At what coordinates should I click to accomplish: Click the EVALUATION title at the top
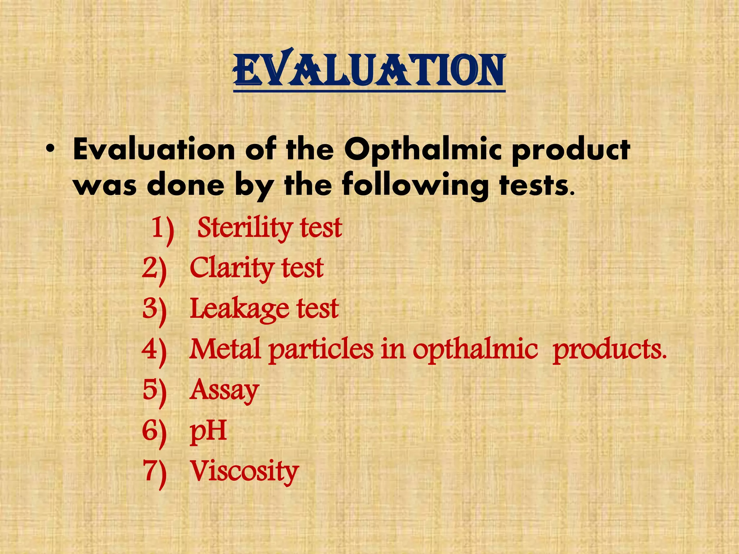369,70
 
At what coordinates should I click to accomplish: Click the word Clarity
231,268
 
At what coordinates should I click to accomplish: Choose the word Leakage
239,309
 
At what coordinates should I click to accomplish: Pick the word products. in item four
609,350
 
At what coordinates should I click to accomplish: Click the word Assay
224,391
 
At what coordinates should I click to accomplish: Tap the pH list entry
208,431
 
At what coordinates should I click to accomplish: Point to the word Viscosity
244,471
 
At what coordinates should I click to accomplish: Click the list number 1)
163,229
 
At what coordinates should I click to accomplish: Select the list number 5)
154,391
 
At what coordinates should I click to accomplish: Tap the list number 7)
154,472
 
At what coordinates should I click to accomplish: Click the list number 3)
154,309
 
